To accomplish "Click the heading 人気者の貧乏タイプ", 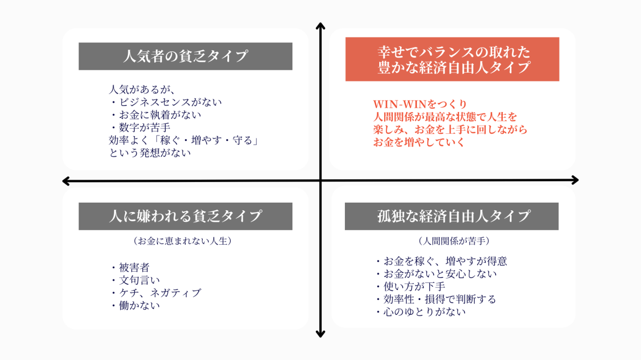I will coord(185,56).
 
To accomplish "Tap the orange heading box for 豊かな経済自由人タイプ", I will coord(452,60).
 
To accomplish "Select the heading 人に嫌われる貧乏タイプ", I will coord(185,216).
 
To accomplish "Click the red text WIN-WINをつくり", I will coord(420,104).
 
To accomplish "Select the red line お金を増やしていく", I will coord(419,143).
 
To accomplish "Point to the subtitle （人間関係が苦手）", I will coord(453,240).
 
